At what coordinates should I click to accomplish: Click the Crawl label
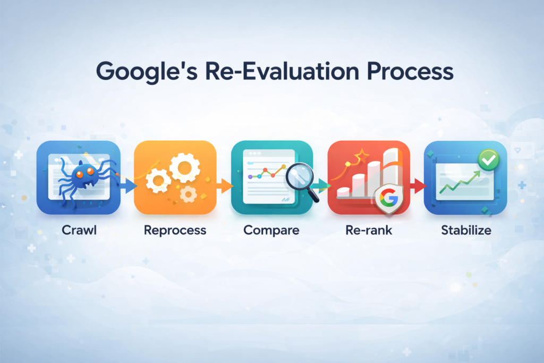(x=77, y=231)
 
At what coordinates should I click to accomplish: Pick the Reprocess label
(x=175, y=231)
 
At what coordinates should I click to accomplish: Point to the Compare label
(x=271, y=231)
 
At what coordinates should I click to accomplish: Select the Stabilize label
(x=466, y=231)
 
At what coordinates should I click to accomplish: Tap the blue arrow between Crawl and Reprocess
(x=127, y=185)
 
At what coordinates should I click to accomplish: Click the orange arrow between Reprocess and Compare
(x=224, y=185)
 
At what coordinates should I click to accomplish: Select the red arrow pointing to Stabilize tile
(x=418, y=185)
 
